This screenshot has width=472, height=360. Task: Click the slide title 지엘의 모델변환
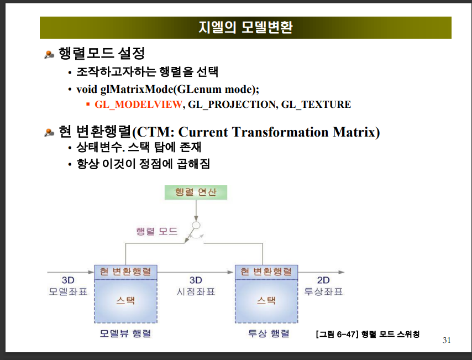[245, 27]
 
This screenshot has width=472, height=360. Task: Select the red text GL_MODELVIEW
[139, 104]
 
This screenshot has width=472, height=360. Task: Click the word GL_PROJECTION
[232, 104]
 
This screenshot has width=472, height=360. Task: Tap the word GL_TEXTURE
[316, 104]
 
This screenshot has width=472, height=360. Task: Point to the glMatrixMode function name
[137, 89]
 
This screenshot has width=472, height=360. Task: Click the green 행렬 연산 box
[196, 192]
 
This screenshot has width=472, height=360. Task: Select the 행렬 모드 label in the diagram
[157, 231]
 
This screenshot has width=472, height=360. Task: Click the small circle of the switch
[196, 225]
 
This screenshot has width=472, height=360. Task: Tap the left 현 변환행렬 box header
[125, 272]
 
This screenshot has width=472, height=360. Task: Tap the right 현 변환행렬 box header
[266, 272]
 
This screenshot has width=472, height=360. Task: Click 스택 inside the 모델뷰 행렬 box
[125, 300]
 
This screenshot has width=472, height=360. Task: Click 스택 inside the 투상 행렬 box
[266, 300]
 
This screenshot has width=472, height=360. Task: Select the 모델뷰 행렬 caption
[125, 333]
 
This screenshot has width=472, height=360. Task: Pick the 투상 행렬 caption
[269, 333]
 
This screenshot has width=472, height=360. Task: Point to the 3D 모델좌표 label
[68, 286]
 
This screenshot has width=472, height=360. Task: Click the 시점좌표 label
[196, 291]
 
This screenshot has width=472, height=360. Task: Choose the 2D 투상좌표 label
[323, 286]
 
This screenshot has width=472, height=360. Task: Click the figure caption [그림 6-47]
[338, 334]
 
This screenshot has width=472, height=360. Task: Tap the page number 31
[447, 340]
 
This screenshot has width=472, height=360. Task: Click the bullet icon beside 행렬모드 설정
[49, 54]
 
